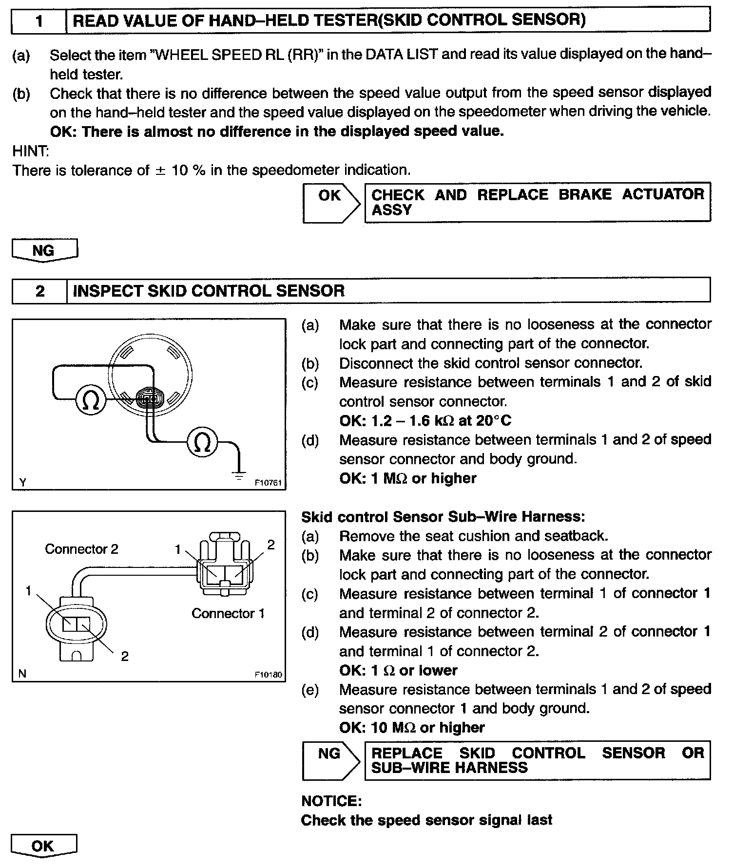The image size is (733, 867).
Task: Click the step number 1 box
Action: click(39, 20)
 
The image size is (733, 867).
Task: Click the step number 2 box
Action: click(39, 291)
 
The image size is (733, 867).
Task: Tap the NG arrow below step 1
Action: click(44, 250)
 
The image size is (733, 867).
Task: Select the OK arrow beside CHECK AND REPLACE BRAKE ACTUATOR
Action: click(330, 202)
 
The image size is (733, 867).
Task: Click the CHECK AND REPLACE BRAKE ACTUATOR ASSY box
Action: click(537, 202)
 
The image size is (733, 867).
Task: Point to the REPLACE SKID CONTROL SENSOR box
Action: click(537, 760)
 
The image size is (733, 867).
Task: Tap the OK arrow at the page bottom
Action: click(43, 847)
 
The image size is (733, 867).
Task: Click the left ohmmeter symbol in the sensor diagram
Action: click(91, 400)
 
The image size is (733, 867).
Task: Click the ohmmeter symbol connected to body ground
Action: click(203, 442)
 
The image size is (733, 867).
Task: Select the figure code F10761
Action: click(268, 483)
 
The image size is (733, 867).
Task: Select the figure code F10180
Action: click(268, 675)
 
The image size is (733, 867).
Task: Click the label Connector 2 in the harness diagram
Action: click(81, 549)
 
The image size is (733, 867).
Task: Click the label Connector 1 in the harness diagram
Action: click(228, 613)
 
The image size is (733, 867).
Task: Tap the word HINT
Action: click(30, 151)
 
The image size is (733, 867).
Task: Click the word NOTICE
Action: click(331, 801)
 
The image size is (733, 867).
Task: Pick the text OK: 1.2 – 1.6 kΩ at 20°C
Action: click(425, 420)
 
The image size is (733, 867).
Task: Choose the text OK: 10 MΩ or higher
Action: click(412, 728)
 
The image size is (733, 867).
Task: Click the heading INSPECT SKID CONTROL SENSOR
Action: click(209, 291)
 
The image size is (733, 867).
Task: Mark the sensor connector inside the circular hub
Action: click(149, 399)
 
